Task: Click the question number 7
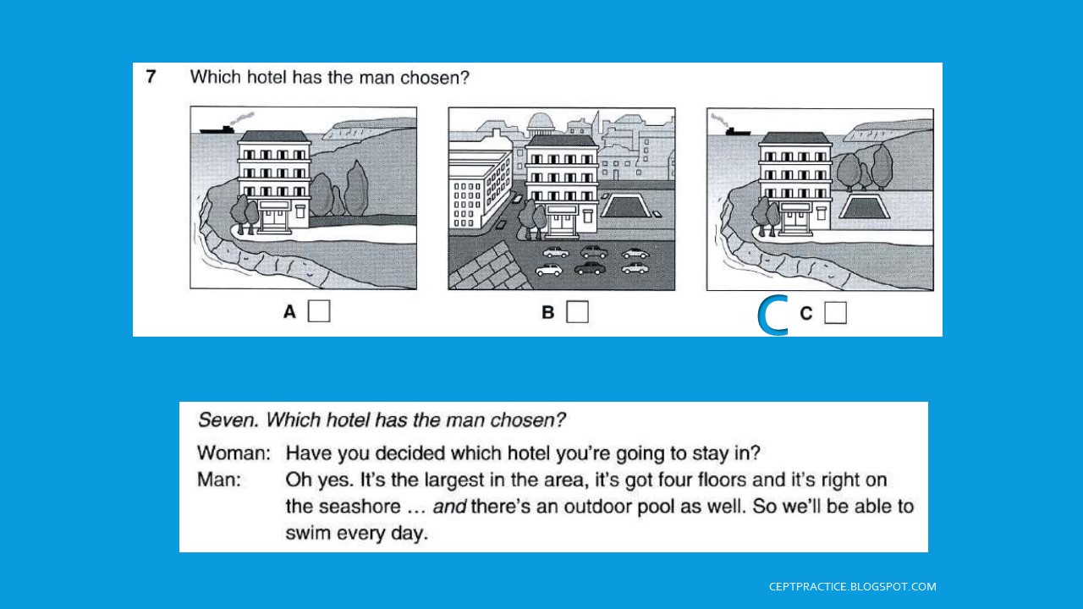pos(151,77)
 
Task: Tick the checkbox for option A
pos(319,311)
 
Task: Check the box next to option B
pos(577,312)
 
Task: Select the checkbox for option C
pos(835,313)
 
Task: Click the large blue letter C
pos(772,315)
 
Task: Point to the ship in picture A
pos(218,129)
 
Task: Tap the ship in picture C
pos(735,130)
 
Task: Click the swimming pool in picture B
pos(624,206)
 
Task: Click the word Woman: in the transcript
pos(234,453)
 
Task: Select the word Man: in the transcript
pos(219,480)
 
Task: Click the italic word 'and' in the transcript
pos(448,507)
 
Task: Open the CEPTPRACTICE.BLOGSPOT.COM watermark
pos(852,586)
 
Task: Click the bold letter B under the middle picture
pos(547,313)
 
